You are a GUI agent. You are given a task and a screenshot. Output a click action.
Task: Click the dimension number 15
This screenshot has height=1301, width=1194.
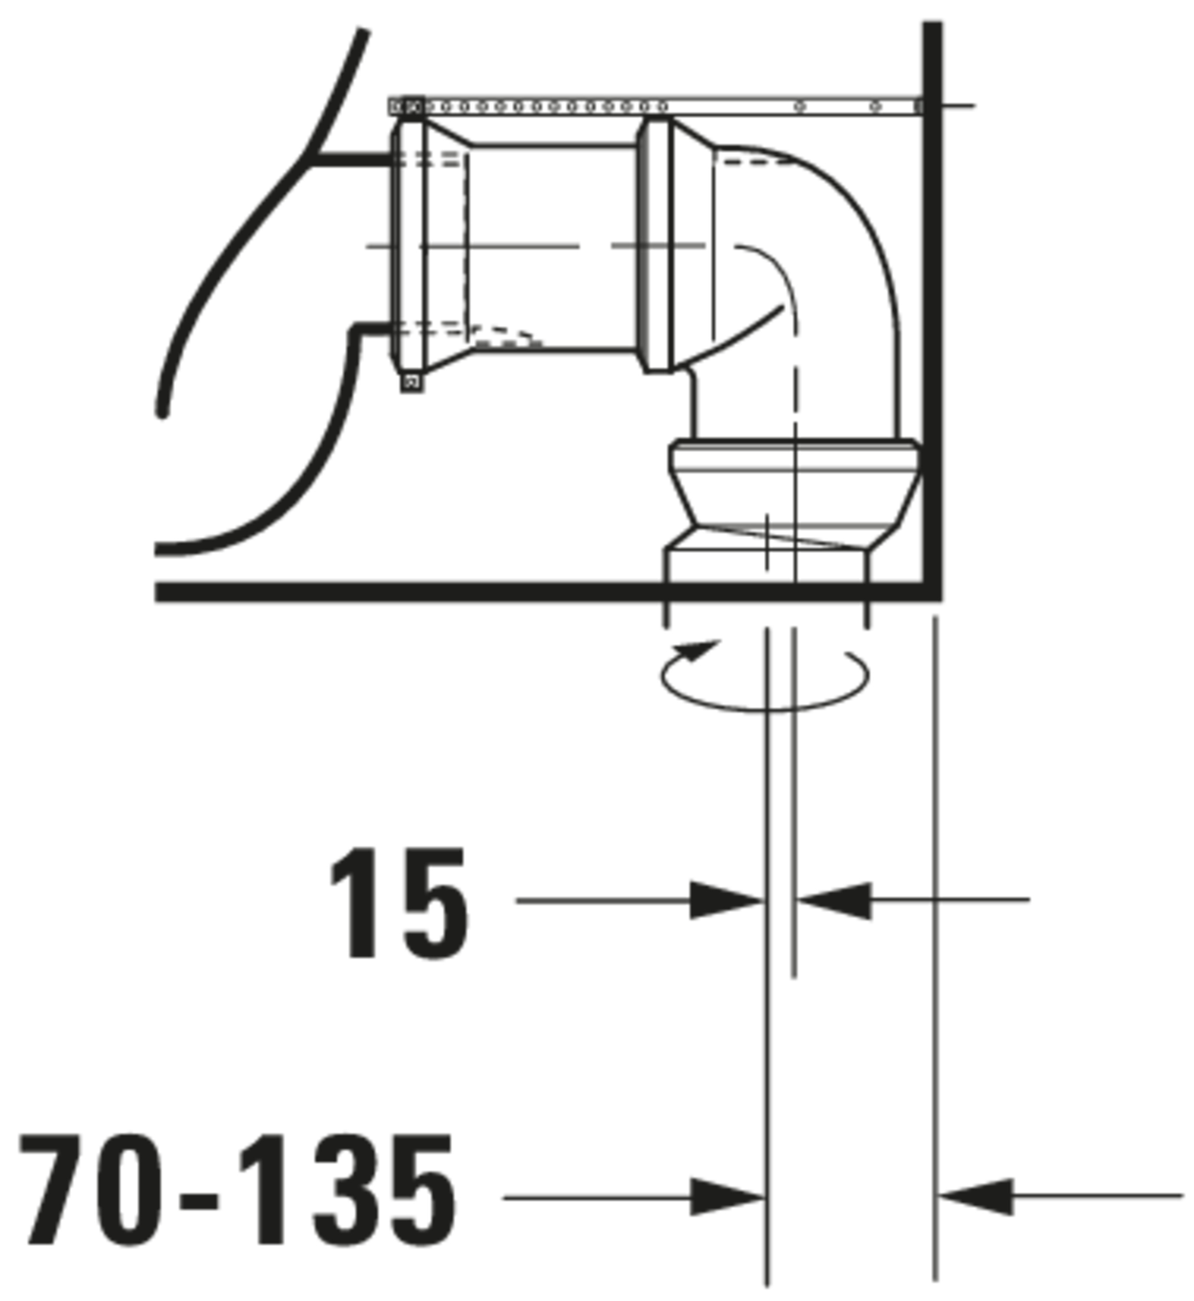coord(399,902)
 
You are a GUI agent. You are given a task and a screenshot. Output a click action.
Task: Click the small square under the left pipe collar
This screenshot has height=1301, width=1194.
coord(412,382)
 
